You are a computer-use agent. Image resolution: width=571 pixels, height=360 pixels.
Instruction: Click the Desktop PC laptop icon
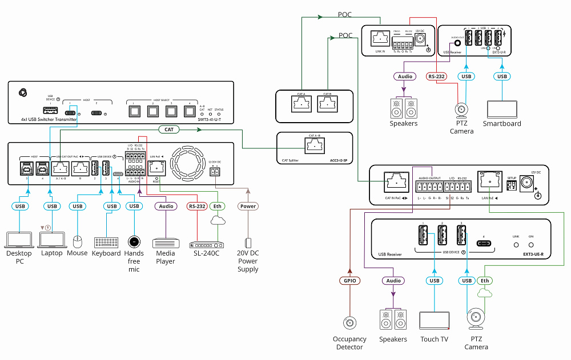(19, 239)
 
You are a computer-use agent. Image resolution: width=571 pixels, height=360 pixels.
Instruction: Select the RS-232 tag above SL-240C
(196, 206)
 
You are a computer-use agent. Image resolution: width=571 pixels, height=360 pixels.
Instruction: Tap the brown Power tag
(248, 206)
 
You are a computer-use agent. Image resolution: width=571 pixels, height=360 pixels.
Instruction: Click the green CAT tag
(169, 130)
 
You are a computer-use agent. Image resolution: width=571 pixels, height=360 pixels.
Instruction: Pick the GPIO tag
(348, 281)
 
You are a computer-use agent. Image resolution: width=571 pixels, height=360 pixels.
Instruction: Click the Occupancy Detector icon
(348, 324)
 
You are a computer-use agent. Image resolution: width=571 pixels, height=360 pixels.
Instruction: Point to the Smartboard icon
(502, 110)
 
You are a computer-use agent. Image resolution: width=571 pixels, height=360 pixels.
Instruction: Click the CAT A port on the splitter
(300, 105)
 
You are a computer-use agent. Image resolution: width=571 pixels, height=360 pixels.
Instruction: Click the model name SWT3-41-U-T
(210, 120)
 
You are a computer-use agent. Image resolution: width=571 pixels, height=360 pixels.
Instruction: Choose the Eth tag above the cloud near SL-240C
(216, 206)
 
